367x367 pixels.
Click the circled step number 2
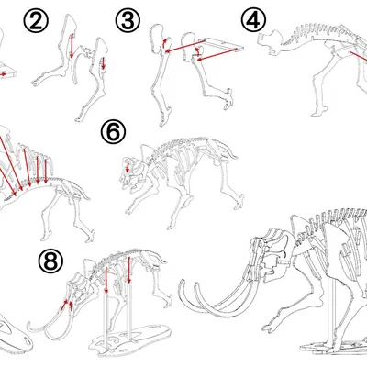[x=36, y=20]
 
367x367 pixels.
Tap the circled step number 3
[x=128, y=20]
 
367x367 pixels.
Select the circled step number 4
[x=253, y=19]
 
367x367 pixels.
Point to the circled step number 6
[x=113, y=131]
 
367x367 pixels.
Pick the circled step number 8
[x=50, y=261]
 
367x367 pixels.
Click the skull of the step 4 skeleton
[x=271, y=43]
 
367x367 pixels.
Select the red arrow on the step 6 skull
[x=128, y=167]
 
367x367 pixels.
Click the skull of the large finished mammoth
[x=269, y=254]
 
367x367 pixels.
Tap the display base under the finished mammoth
[x=333, y=347]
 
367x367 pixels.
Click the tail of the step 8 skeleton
[x=158, y=258]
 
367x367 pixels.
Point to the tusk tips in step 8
[x=37, y=328]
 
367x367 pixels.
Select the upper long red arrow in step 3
[x=185, y=46]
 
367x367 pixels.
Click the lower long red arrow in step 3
[x=217, y=54]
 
